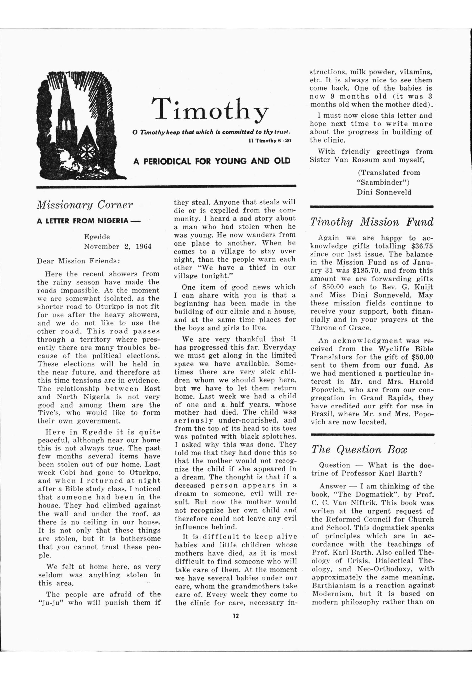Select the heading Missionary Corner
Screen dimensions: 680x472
click(85, 205)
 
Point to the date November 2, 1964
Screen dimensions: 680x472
click(118, 246)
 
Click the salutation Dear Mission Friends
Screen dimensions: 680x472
click(78, 261)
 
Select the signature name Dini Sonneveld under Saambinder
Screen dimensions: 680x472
click(384, 192)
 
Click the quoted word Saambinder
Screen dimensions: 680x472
click(383, 182)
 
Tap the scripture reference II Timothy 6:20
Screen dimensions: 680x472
click(270, 141)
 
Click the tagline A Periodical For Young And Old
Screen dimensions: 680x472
click(212, 161)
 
